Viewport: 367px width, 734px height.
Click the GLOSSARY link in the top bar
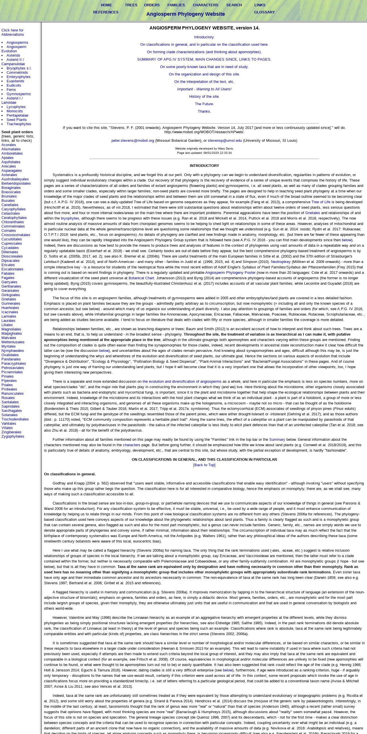(264, 12)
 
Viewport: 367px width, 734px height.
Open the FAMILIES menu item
(176, 5)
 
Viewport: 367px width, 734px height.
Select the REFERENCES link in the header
(106, 12)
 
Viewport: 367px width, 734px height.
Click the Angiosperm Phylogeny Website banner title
(186, 14)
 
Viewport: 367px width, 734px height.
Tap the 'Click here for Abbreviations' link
(13, 32)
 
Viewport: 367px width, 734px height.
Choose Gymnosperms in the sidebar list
(19, 94)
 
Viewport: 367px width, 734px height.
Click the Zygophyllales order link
(13, 436)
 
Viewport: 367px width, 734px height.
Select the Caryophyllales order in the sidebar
(13, 209)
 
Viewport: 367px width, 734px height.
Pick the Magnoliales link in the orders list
(11, 329)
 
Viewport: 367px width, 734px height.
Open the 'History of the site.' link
(204, 97)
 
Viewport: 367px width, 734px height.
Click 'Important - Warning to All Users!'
(204, 89)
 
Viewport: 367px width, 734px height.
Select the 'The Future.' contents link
(204, 104)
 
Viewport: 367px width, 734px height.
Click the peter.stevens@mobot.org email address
(133, 141)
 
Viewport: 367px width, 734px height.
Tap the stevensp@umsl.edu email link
(225, 141)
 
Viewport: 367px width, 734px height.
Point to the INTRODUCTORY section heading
(204, 166)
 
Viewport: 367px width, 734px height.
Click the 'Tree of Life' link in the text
(321, 202)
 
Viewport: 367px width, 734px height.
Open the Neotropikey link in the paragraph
(281, 262)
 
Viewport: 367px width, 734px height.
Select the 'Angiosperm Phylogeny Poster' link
(230, 273)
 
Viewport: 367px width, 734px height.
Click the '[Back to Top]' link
(204, 465)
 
